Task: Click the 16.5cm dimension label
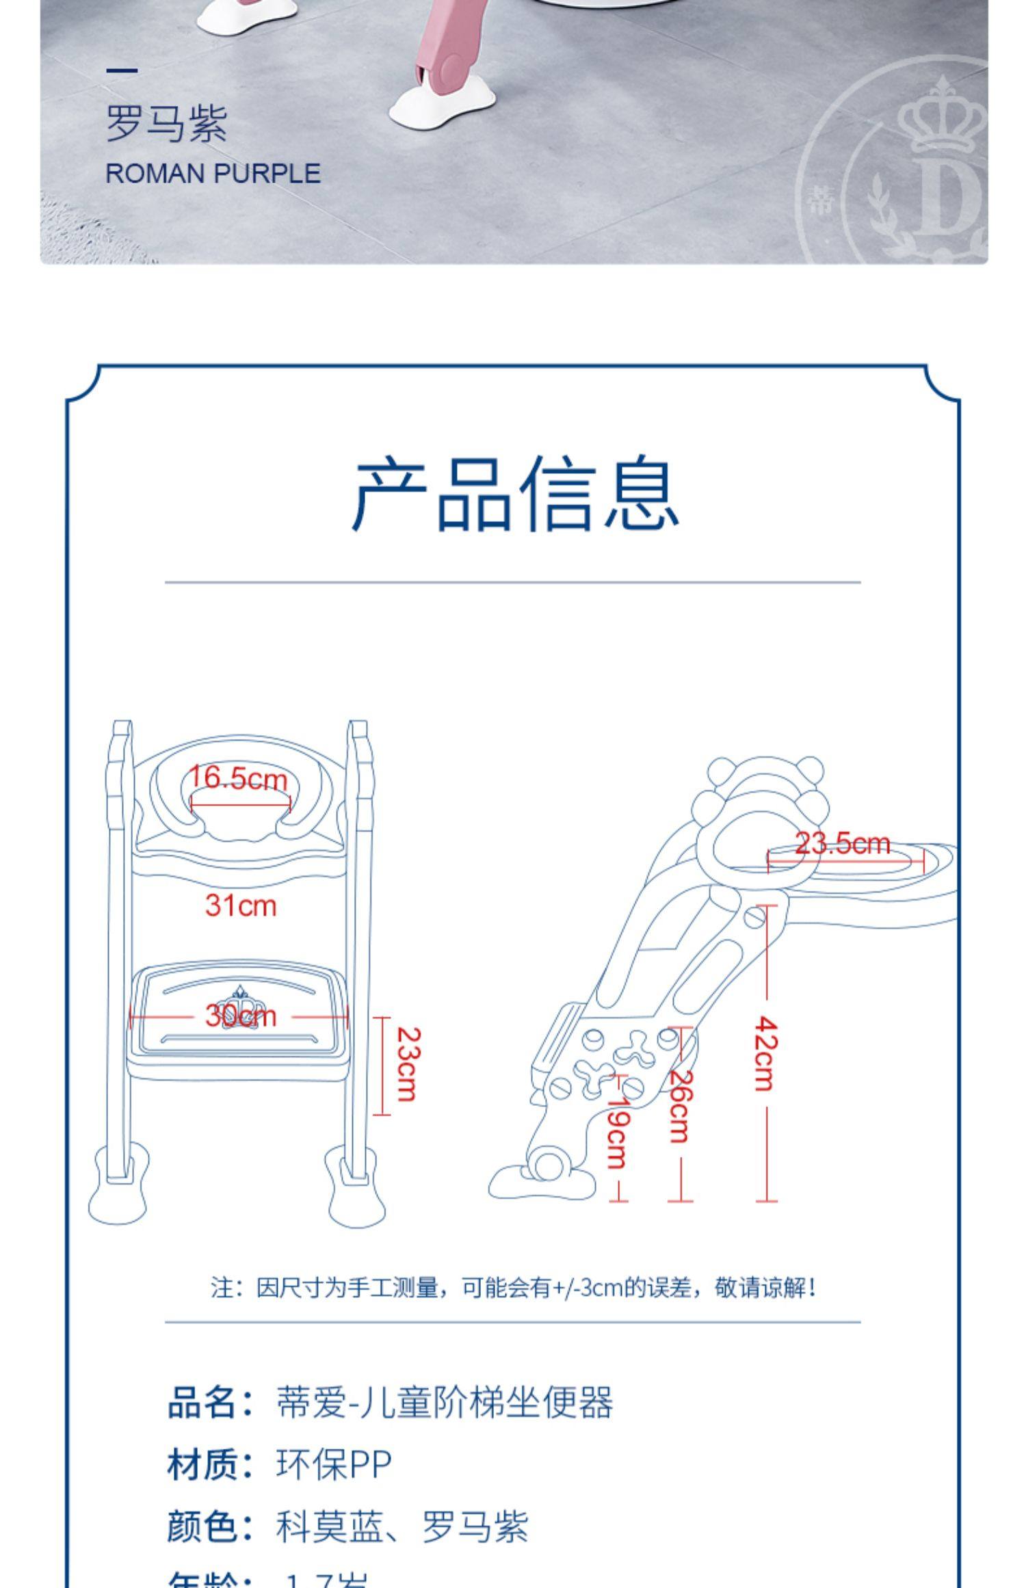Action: (x=238, y=778)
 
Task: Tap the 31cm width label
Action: (x=241, y=905)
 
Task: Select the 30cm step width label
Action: (x=241, y=1016)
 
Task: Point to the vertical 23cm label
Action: (x=408, y=1064)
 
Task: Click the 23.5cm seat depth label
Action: (x=843, y=843)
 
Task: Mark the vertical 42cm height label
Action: (x=765, y=1053)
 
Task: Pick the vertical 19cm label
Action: (x=618, y=1132)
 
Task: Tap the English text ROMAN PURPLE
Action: (x=213, y=174)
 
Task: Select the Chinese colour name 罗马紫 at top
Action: (x=166, y=124)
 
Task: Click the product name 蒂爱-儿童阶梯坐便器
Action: (x=444, y=1403)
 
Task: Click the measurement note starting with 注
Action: (x=513, y=1288)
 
